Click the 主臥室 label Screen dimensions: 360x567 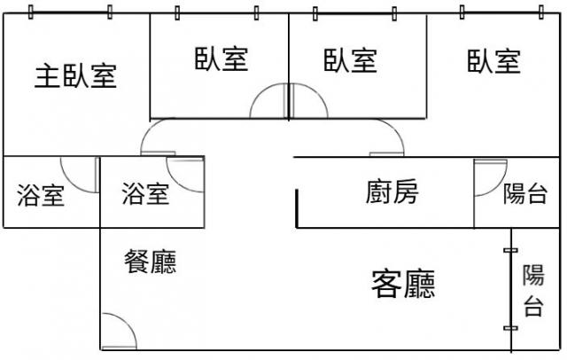point(76,76)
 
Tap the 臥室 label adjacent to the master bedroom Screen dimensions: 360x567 point(221,60)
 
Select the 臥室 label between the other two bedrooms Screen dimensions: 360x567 point(350,61)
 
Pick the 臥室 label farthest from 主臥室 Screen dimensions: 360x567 point(493,61)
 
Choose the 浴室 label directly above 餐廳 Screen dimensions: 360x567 point(145,193)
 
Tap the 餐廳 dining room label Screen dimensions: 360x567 point(151,262)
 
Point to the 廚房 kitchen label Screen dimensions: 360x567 point(392,192)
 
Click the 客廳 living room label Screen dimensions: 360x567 point(403,284)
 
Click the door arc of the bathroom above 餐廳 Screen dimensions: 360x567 point(185,176)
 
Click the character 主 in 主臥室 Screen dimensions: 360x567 point(46,76)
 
